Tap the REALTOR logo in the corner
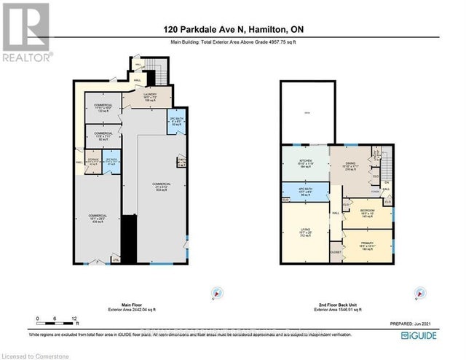pos(26,33)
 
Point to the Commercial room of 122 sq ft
pos(103,108)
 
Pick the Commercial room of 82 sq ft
pos(103,136)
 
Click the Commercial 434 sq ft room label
pos(98,218)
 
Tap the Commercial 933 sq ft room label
pos(162,185)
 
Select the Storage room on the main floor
pos(92,163)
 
